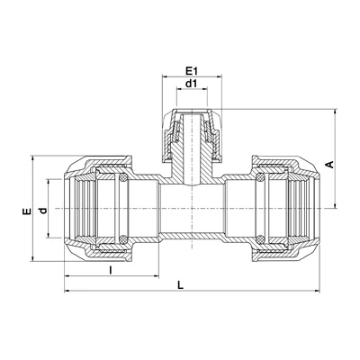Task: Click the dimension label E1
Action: click(x=191, y=71)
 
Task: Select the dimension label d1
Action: click(x=191, y=84)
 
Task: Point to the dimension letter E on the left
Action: click(x=27, y=211)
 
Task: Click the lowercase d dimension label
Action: click(x=44, y=211)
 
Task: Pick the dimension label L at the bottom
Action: click(x=180, y=285)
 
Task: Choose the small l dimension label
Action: click(x=111, y=270)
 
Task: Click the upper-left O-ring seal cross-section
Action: click(x=122, y=179)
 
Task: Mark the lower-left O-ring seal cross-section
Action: click(x=122, y=239)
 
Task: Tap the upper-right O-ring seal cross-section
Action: click(x=260, y=179)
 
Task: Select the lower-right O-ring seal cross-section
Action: click(x=260, y=239)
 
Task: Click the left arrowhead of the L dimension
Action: click(x=67, y=291)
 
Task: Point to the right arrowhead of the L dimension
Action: click(x=317, y=291)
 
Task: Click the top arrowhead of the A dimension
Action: click(x=335, y=112)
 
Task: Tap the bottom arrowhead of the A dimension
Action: click(x=335, y=204)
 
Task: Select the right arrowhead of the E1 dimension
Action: click(x=219, y=77)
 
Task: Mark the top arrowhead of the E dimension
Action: click(x=32, y=158)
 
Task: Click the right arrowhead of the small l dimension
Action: click(x=156, y=275)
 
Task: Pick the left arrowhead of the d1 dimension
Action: click(x=180, y=89)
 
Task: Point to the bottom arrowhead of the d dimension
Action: click(x=49, y=235)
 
